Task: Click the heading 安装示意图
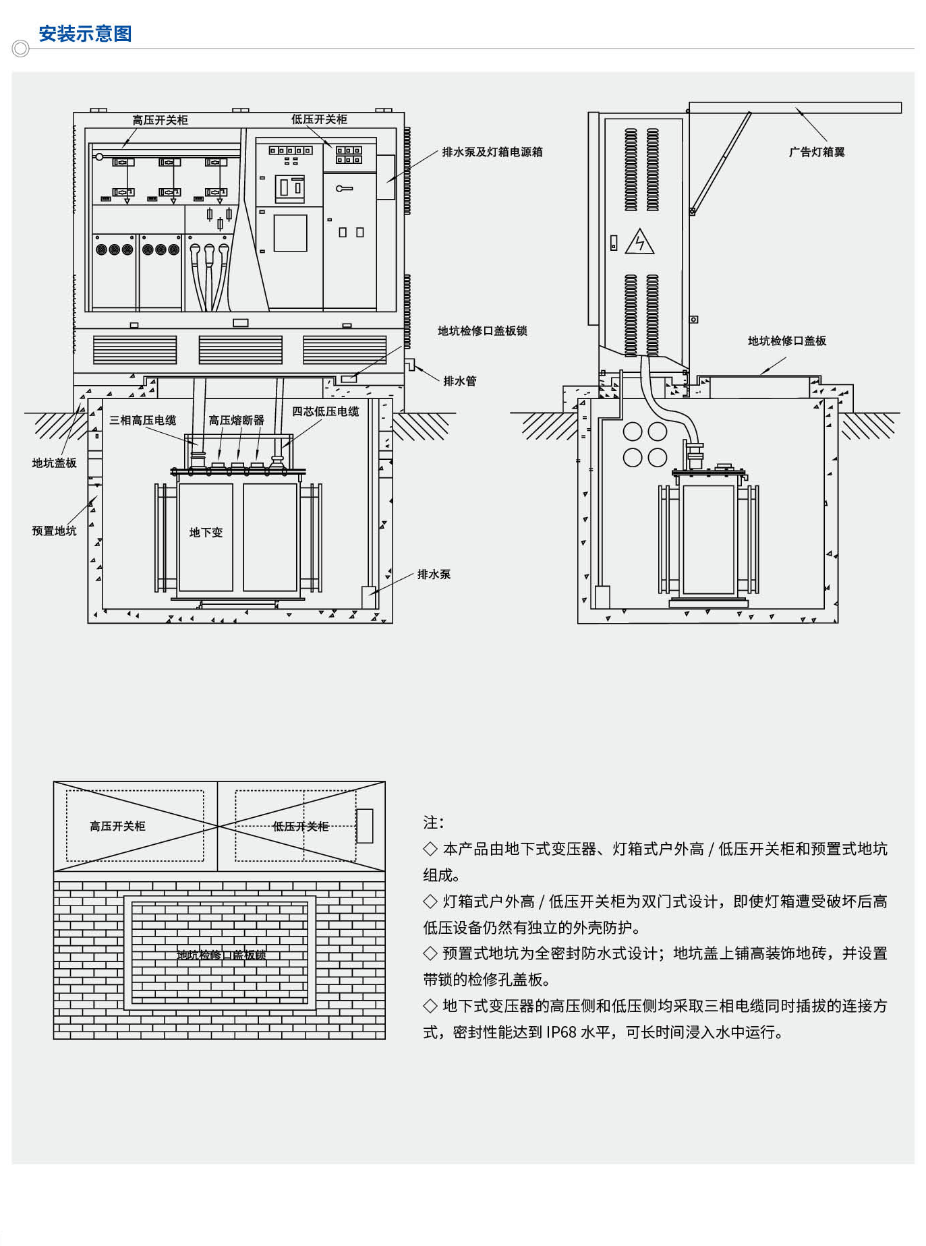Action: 85,34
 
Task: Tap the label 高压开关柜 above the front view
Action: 160,120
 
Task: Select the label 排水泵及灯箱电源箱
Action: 492,152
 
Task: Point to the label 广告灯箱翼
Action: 817,152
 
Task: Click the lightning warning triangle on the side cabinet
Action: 639,242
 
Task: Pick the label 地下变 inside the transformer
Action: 206,533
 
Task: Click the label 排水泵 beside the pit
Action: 434,574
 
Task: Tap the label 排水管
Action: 460,381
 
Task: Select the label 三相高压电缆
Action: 142,420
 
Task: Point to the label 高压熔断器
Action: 236,420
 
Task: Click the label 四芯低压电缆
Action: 325,411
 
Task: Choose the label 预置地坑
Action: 54,531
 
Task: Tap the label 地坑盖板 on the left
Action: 54,463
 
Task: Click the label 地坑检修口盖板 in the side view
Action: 786,340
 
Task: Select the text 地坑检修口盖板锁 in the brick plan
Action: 221,955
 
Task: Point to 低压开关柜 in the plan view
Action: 300,826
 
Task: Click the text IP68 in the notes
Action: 561,1032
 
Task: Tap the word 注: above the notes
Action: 433,823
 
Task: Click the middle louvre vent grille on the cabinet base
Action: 240,350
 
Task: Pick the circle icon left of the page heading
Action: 21,49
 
